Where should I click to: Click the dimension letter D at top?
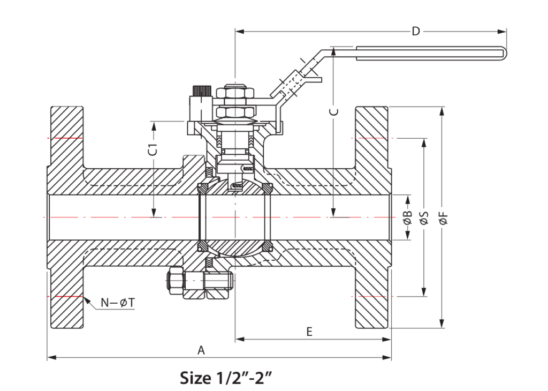coord(415,31)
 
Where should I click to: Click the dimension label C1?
coord(153,149)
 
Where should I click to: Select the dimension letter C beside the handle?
coord(333,111)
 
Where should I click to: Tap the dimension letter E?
coord(309,332)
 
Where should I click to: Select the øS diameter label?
coord(424,217)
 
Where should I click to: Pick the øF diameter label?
coord(442,217)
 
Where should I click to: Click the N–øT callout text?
coord(118,303)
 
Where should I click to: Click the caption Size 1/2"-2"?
coord(226,378)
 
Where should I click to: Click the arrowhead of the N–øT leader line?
coord(86,297)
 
